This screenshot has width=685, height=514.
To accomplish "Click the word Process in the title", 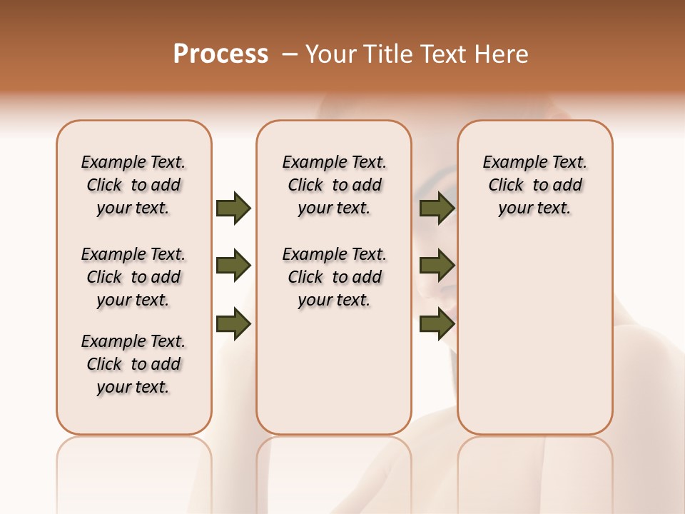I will [220, 54].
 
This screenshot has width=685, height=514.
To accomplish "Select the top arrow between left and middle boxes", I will [233, 208].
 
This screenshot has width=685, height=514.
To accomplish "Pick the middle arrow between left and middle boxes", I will [233, 266].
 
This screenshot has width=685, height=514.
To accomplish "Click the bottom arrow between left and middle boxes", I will [233, 324].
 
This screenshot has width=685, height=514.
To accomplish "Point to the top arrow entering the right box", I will [437, 208].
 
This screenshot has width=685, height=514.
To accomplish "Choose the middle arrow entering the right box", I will [437, 266].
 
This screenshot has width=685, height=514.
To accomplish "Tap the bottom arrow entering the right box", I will [437, 324].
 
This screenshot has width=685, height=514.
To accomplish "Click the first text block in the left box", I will [133, 185].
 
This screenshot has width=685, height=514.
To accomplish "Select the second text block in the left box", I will [133, 277].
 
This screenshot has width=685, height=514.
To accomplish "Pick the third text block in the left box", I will [133, 364].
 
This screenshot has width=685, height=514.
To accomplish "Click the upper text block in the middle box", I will [334, 185].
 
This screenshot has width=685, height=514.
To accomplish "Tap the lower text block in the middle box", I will [334, 277].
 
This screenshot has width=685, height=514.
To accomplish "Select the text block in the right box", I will [534, 185].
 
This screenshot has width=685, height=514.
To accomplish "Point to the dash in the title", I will [290, 54].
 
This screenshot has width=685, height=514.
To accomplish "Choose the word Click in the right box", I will [506, 186].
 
